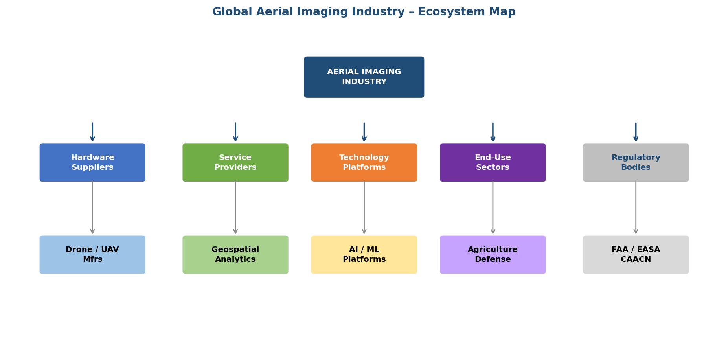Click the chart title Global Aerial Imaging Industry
point(364,12)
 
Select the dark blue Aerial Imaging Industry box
point(364,77)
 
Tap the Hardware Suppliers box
point(92,162)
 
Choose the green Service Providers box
point(235,162)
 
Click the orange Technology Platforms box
point(364,162)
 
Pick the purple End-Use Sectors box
point(493,162)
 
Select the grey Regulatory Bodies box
point(636,162)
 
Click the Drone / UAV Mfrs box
point(92,255)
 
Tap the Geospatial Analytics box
point(235,255)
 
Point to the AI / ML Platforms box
point(364,255)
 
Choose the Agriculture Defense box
point(493,255)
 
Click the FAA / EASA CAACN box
point(636,255)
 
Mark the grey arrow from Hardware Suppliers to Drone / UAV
point(92,208)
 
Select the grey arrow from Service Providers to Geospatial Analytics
point(235,208)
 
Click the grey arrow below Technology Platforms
point(364,208)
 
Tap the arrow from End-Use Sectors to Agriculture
point(493,208)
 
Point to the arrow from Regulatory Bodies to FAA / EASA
point(636,208)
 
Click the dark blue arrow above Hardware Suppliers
point(92,132)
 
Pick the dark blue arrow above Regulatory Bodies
point(636,132)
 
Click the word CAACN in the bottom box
point(636,259)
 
